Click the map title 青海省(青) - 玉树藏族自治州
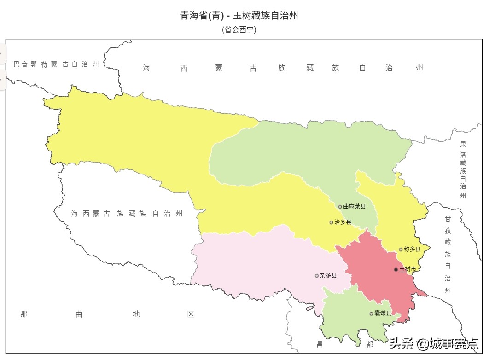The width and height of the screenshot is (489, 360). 239,16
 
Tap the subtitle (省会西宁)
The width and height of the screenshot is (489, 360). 239,30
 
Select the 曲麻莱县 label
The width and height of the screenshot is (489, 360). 355,207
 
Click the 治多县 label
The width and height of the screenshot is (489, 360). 343,222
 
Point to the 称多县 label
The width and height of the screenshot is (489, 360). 412,250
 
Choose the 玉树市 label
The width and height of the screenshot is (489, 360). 408,269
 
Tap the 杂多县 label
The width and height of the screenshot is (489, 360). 328,276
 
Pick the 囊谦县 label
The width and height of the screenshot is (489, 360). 383,314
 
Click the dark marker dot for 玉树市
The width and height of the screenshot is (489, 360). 396,269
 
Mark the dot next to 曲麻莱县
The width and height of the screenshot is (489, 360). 340,207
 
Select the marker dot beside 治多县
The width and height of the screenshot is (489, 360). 331,222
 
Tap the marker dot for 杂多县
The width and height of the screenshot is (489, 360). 317,276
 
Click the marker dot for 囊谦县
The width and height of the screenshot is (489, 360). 372,314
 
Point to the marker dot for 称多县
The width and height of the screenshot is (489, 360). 401,250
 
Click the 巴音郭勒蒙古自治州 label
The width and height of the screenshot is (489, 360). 56,64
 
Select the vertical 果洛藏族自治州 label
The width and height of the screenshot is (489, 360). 463,170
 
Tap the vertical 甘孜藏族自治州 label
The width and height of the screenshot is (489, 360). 448,255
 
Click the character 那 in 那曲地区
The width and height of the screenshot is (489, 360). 24,314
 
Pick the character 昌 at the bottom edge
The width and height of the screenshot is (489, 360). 320,344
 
